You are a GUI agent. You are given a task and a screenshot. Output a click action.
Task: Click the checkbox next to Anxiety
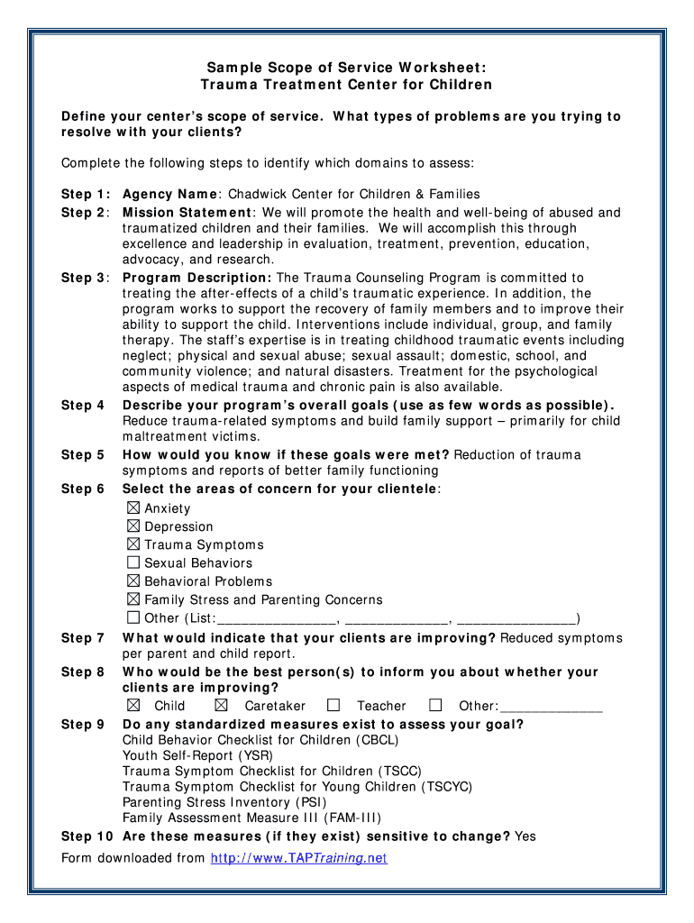coord(133,508)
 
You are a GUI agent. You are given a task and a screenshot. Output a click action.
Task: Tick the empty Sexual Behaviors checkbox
coord(133,562)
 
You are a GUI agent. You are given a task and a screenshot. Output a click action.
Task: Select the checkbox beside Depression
coord(133,526)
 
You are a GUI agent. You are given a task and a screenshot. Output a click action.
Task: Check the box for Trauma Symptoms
coord(133,544)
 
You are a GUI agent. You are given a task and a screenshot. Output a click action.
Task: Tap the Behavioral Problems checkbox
coord(133,581)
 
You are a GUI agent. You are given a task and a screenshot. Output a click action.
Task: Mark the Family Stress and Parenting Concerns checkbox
coord(133,599)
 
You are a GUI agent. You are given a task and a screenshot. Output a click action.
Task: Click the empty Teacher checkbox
coord(333,705)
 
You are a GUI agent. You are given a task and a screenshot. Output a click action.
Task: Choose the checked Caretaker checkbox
coord(222,705)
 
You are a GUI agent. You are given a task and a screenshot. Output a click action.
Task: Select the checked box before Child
coord(133,705)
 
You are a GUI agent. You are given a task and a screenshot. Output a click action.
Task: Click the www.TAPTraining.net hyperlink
coord(298,858)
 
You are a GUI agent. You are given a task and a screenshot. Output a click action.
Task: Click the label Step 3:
coord(86,278)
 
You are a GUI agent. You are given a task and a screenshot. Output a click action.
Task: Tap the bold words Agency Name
coord(169,194)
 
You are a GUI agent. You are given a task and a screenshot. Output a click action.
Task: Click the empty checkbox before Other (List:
coord(133,617)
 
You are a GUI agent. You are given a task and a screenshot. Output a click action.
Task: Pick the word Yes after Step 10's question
coord(525,836)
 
